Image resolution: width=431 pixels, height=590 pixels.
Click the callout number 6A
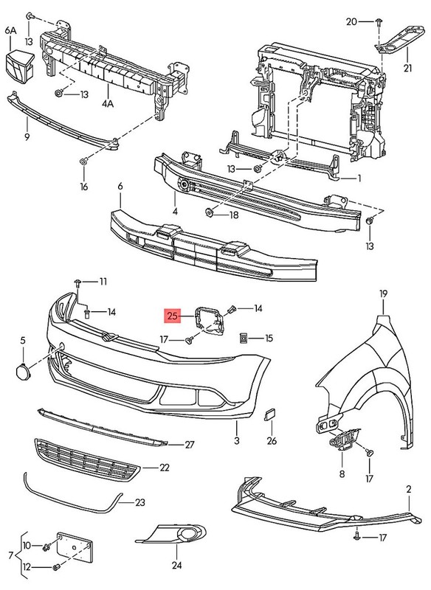coord(10,30)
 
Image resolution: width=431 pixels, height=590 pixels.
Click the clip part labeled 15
coord(243,338)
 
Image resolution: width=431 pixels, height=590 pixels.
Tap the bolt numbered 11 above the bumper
coord(77,282)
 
